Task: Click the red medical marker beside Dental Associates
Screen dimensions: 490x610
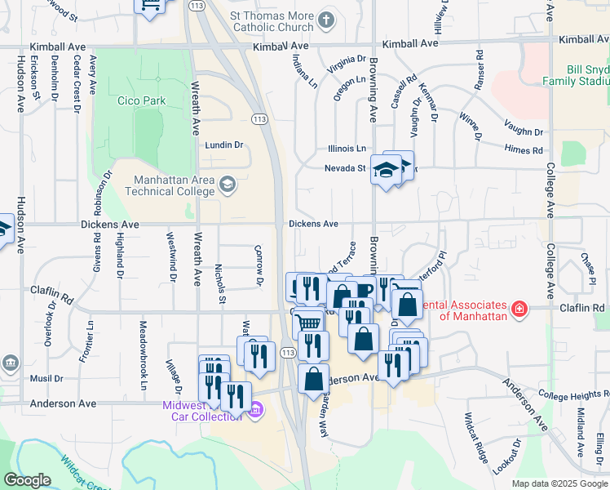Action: (519, 309)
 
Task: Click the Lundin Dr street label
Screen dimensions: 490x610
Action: (224, 145)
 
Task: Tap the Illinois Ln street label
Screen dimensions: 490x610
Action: (347, 149)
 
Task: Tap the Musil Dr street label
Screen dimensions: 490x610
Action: (46, 378)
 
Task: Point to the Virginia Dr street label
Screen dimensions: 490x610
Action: (347, 65)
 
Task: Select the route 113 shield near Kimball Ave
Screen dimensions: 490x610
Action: (196, 5)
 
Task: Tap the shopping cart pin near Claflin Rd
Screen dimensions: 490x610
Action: (308, 323)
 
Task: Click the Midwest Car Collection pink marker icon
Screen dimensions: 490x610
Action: (256, 409)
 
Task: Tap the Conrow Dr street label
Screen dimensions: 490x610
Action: (259, 265)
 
